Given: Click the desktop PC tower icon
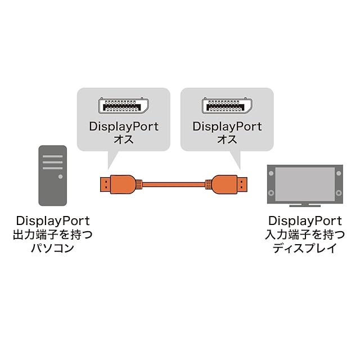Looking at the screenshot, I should click(52, 175).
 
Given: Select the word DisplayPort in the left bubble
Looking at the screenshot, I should click(123, 127).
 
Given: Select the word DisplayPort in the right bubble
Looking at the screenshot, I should click(227, 127).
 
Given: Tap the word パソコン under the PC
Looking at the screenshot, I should click(52, 247).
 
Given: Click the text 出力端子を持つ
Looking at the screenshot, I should click(52, 234).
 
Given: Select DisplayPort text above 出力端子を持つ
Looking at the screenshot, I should click(52, 220).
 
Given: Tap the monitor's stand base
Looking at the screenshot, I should click(304, 204).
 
